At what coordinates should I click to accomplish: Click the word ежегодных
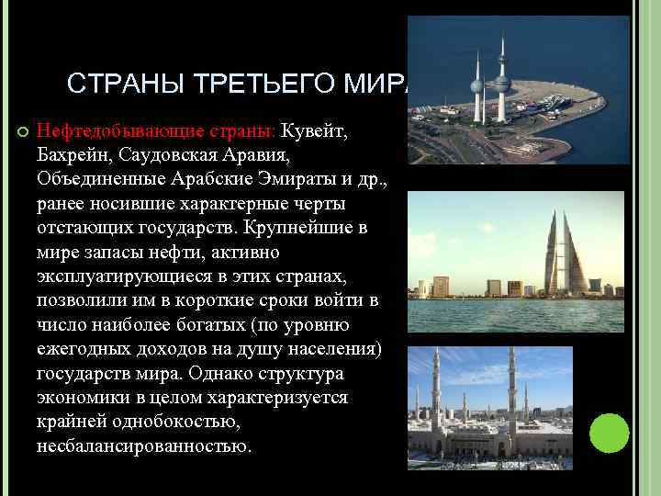(x=83, y=350)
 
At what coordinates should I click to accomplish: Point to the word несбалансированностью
(x=142, y=447)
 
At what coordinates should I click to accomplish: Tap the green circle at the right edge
(x=609, y=432)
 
